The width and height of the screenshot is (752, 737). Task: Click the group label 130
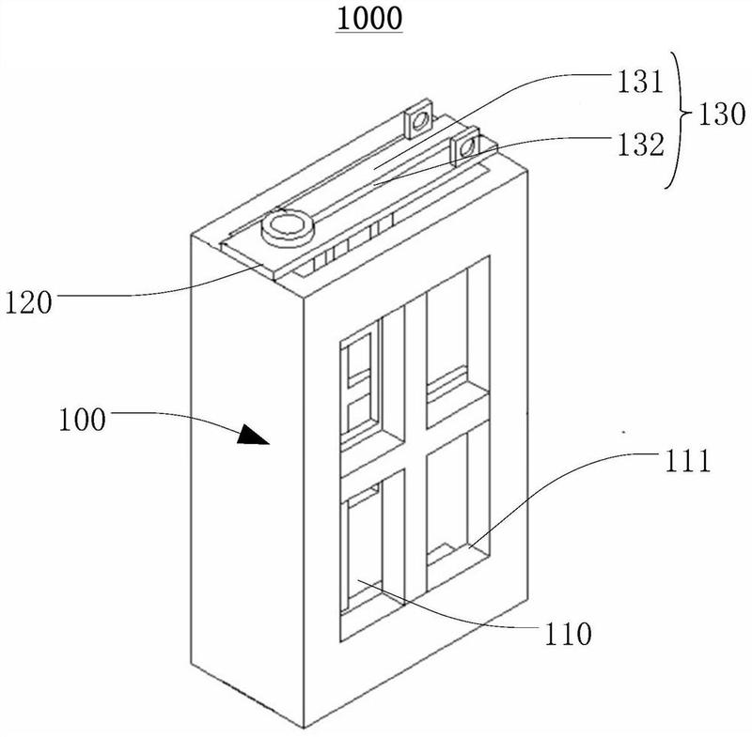tap(718, 114)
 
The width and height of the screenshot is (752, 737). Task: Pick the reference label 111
tap(681, 462)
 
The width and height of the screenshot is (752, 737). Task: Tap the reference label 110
tap(569, 634)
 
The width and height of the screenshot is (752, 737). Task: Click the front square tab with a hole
tap(464, 146)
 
